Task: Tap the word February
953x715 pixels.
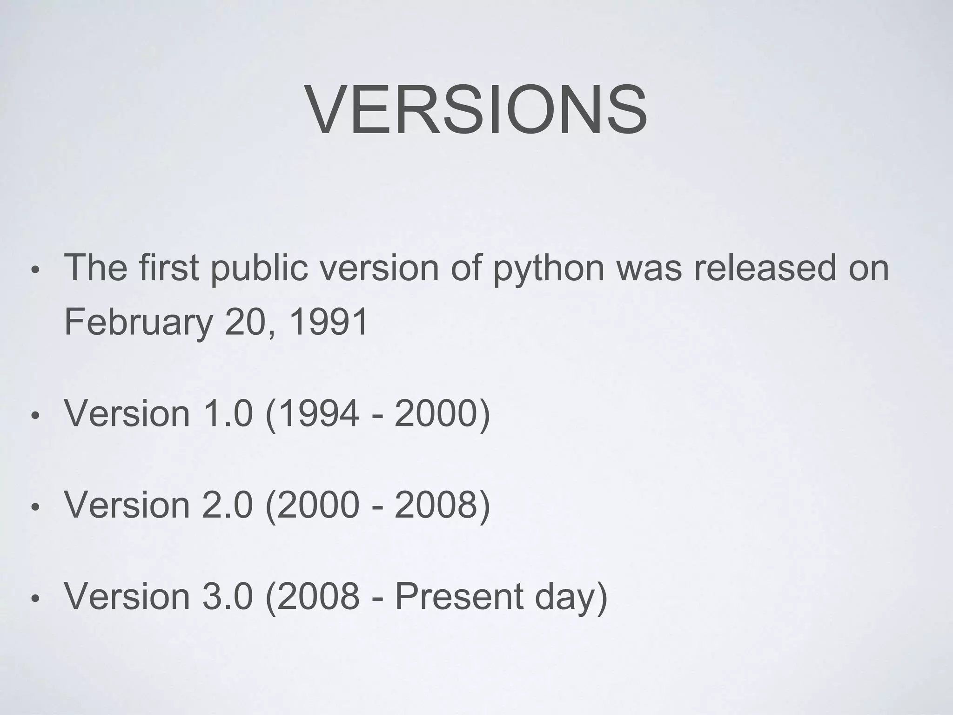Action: pyautogui.click(x=138, y=323)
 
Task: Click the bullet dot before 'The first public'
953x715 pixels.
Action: pyautogui.click(x=34, y=271)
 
